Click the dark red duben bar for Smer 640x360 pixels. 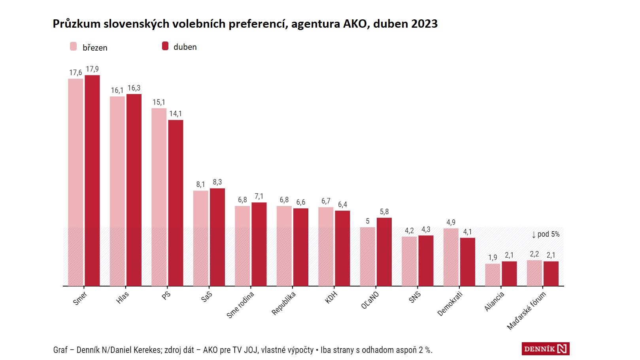92,180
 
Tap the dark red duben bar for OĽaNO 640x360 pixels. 384,252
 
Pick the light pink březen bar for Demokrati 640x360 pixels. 451,257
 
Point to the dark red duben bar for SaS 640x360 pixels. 217,237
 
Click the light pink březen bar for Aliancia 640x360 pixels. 493,275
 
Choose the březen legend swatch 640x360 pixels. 74,47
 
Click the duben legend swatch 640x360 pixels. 165,46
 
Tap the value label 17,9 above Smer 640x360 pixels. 92,69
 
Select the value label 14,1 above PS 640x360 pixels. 176,114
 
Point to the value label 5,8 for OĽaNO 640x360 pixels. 384,212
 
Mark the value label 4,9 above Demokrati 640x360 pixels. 451,222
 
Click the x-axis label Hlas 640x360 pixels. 123,298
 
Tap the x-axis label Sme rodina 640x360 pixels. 240,305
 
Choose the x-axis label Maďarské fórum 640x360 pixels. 526,311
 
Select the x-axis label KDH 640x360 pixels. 331,297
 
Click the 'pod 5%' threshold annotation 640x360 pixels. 546,234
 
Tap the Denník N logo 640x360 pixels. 545,349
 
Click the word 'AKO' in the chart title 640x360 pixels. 355,24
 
